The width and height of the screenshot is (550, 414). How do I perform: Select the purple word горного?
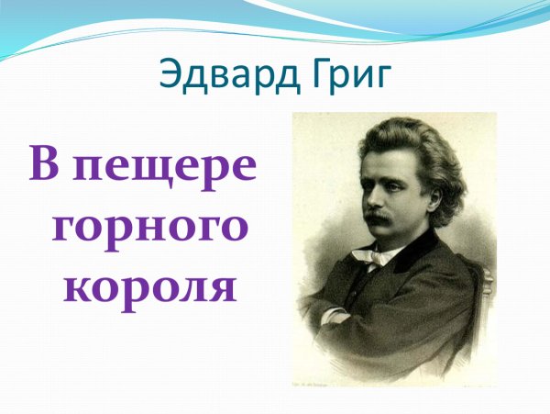(147, 226)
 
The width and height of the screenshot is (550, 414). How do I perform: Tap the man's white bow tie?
(377, 258)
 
